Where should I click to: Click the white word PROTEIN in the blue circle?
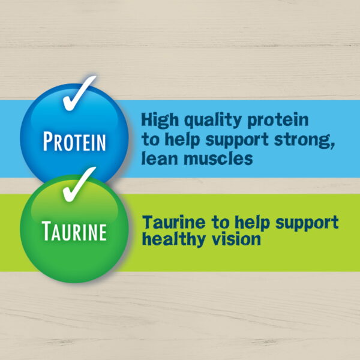[74, 141]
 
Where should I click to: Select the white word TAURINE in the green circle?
[74, 231]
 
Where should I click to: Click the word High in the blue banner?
[160, 120]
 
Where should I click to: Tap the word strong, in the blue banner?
[304, 140]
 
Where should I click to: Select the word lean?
[160, 158]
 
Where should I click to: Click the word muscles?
[218, 158]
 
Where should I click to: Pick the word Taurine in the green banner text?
[174, 222]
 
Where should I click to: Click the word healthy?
[174, 239]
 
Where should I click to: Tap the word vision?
[236, 239]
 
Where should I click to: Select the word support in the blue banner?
[237, 140]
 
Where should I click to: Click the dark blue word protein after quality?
[278, 121]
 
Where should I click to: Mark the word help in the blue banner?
[182, 140]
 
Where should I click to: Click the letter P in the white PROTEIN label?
[48, 141]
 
